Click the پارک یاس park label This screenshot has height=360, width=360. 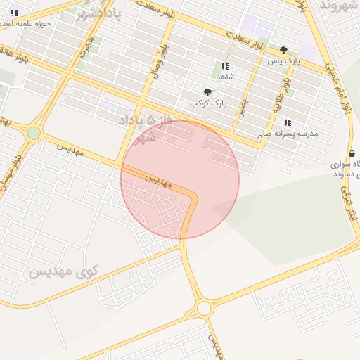(283, 61)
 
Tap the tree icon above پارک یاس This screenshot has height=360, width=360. (283, 50)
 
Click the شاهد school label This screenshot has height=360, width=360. (225, 76)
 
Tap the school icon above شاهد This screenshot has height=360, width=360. (225, 66)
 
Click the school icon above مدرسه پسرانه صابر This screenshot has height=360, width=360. (288, 122)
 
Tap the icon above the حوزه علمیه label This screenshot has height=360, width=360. (14, 13)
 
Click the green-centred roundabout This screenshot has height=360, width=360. (34, 133)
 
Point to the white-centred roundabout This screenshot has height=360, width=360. (205, 308)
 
